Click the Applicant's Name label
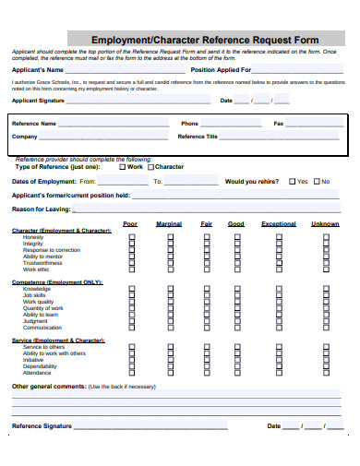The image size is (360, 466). [38, 70]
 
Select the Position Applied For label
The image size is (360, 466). [220, 70]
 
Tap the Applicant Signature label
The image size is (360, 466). [38, 100]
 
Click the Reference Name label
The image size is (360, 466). [34, 123]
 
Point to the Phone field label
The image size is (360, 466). [189, 123]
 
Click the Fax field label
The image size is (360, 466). [279, 123]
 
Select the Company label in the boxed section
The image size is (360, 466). [25, 137]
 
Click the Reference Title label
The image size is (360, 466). [198, 137]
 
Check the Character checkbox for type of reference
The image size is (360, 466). [150, 167]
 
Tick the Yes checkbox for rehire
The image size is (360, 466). [292, 182]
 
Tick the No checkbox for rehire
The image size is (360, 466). [317, 182]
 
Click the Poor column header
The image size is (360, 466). [130, 224]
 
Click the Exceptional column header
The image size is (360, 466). [279, 224]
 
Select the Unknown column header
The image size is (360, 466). [325, 224]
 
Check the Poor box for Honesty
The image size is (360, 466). [130, 237]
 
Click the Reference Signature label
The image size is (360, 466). [42, 426]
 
